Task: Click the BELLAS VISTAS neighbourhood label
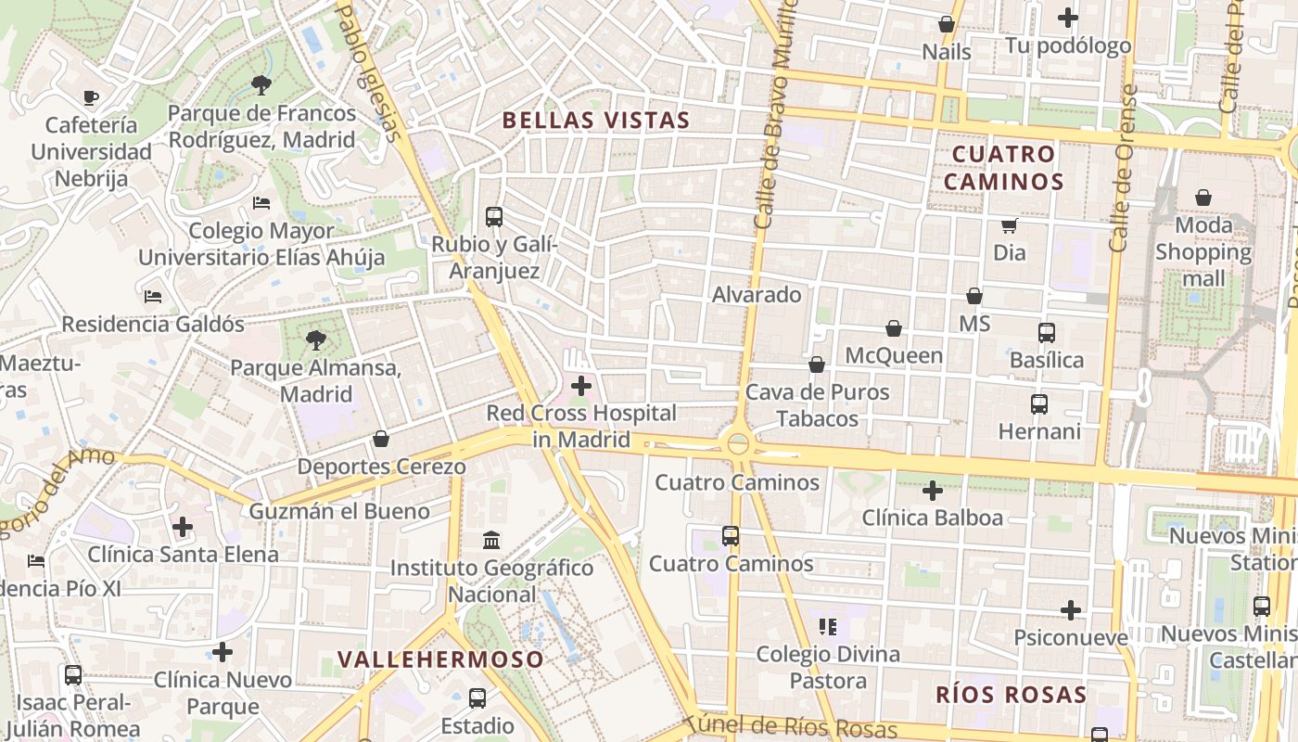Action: (x=596, y=120)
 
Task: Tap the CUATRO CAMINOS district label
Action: (x=1003, y=167)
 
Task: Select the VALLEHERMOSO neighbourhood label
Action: (x=440, y=659)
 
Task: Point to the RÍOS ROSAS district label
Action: (x=1011, y=695)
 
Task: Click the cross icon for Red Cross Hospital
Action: (x=581, y=386)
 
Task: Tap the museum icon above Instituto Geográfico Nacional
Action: (x=491, y=540)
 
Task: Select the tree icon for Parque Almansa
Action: (x=316, y=340)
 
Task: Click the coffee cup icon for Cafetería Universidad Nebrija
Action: (x=91, y=97)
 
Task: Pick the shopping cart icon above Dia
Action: (x=1009, y=225)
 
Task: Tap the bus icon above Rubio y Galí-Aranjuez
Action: (x=494, y=217)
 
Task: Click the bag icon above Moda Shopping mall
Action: (x=1203, y=198)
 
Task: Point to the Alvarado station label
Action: (x=757, y=295)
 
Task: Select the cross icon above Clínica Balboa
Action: (x=933, y=490)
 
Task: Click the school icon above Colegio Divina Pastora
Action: (x=828, y=627)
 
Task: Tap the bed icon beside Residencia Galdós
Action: (x=153, y=297)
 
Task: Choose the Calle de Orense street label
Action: (x=1123, y=169)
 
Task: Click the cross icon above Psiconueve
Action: (x=1071, y=610)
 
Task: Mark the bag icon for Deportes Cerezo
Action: (x=381, y=439)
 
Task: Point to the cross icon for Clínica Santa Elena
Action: (x=183, y=527)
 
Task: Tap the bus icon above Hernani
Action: (x=1039, y=404)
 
